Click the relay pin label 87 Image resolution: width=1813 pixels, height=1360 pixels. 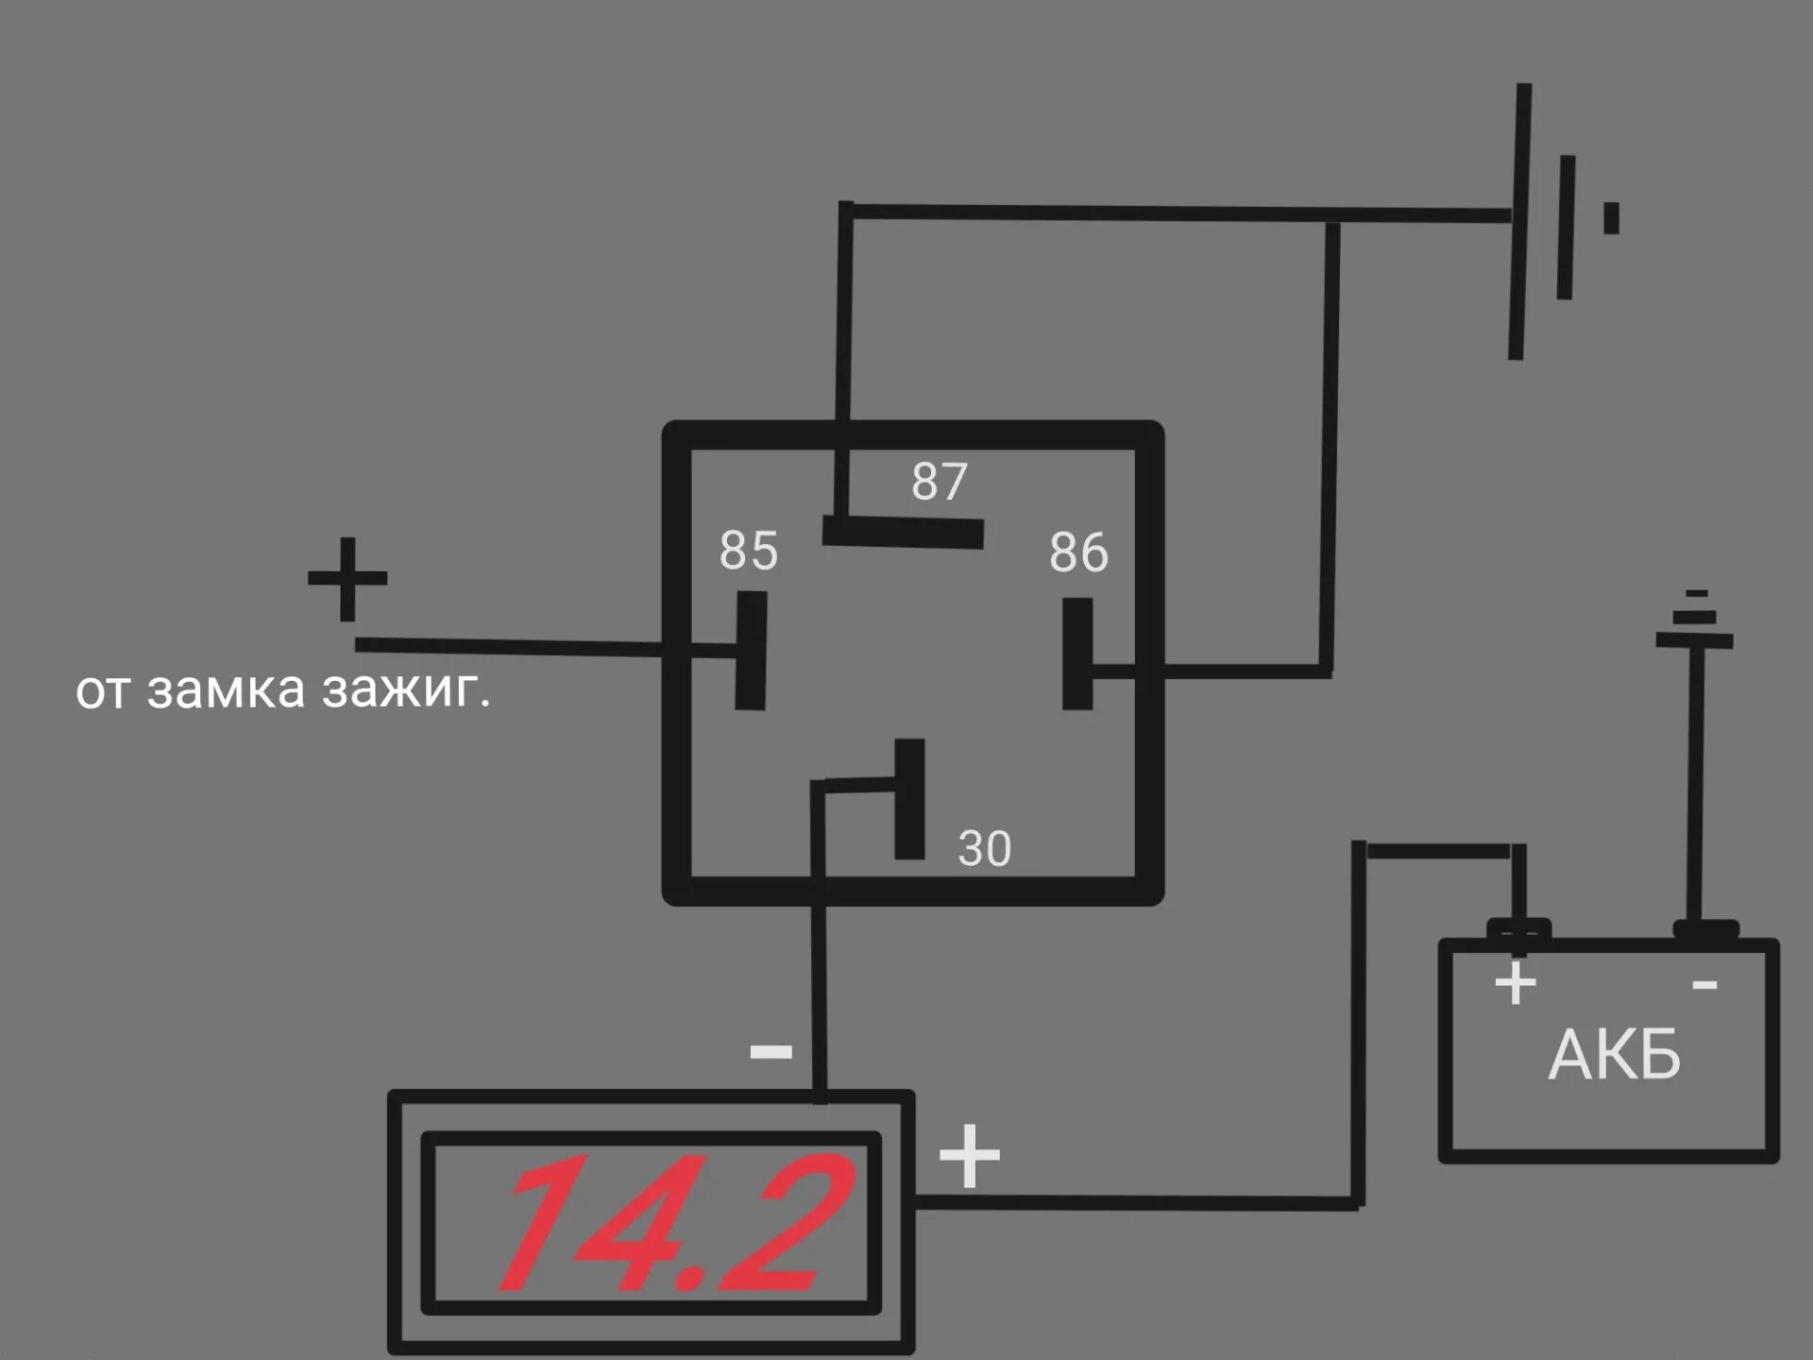point(940,482)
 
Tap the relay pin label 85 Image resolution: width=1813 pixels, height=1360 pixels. point(749,551)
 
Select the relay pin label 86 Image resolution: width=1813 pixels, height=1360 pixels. point(1078,553)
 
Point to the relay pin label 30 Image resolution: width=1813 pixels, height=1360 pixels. point(984,848)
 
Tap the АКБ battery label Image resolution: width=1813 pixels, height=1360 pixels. point(1615,1055)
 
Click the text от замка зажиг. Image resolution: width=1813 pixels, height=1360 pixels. point(283,690)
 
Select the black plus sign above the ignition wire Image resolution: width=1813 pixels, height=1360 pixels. point(347,578)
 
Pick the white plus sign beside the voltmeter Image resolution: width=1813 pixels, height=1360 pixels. point(969,1156)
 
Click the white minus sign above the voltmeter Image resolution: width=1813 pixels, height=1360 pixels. point(771,1051)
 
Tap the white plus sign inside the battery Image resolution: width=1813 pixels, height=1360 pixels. point(1516,984)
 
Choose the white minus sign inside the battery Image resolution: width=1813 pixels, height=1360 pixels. point(1704,986)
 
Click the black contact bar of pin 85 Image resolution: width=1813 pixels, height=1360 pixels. point(751,651)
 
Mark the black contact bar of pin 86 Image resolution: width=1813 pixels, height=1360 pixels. point(1077,654)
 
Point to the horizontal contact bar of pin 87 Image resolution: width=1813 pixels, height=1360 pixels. point(904,532)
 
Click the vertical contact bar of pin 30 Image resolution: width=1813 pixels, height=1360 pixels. point(909,799)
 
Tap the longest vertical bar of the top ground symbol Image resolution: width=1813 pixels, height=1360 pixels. point(1519,222)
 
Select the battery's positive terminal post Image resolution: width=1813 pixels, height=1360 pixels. point(1518,929)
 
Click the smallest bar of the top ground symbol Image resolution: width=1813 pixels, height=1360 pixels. point(1611,218)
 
